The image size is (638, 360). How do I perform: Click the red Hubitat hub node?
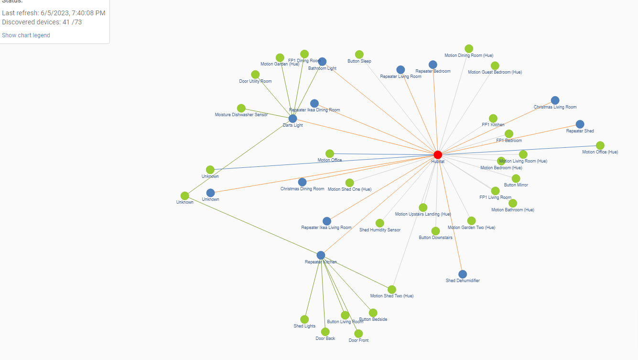point(438,154)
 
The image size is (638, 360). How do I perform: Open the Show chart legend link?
point(26,35)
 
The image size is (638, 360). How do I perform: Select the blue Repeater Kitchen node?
point(321,255)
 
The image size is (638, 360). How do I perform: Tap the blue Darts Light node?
point(293,119)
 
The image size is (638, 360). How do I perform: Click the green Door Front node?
point(358,334)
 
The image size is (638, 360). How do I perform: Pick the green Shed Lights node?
point(304,319)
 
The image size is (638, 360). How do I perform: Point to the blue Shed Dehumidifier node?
point(463,274)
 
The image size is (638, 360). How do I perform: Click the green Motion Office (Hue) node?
point(600,145)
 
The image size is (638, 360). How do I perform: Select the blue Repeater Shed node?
point(580,124)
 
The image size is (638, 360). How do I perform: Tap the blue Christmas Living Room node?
point(555,100)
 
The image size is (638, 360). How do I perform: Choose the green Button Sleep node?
point(359,55)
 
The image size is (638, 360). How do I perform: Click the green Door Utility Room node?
point(255,75)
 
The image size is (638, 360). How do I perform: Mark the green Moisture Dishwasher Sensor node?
point(241,108)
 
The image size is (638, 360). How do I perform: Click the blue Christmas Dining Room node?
point(302,182)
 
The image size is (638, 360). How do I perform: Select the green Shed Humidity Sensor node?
point(380,223)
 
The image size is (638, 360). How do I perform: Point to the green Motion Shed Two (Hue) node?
point(392,289)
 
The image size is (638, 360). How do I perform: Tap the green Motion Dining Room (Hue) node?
point(469,49)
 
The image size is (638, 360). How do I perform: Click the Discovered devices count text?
point(42,22)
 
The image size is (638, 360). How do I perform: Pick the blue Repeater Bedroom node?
point(433,65)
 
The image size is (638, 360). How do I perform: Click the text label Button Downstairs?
point(435,238)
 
